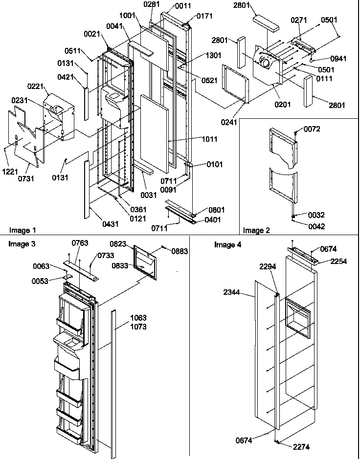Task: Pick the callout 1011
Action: [x=209, y=139]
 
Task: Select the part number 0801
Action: [x=217, y=210]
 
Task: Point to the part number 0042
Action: [x=316, y=226]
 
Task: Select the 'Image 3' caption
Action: [x=21, y=243]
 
